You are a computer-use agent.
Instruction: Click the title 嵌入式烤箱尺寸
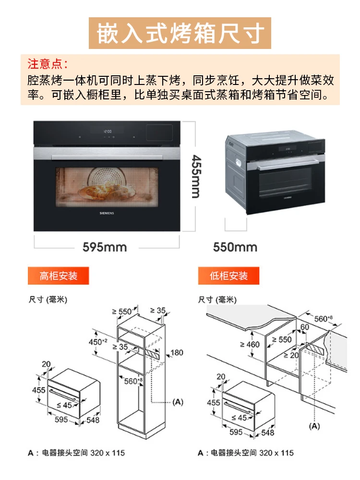click(x=180, y=33)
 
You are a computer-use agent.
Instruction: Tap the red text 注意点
click(x=48, y=63)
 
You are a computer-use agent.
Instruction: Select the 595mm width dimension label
click(x=105, y=247)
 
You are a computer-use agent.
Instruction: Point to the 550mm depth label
click(x=235, y=247)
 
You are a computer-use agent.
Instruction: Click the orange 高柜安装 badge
click(x=58, y=276)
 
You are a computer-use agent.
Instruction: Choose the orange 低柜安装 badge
click(x=228, y=276)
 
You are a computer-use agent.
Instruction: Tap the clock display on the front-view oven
click(x=108, y=130)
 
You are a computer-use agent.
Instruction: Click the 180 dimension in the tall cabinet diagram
click(x=177, y=353)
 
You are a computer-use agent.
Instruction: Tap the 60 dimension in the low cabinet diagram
click(x=305, y=327)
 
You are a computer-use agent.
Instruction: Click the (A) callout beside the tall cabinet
click(x=178, y=401)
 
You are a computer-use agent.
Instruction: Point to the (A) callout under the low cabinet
click(x=314, y=426)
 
